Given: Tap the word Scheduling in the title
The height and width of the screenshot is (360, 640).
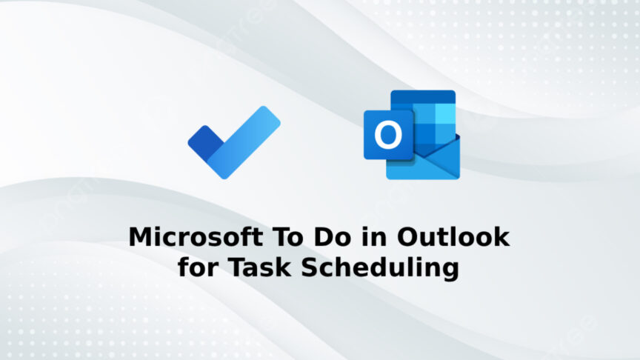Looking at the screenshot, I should [x=380, y=267].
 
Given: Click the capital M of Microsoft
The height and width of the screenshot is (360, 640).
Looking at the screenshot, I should [x=140, y=238].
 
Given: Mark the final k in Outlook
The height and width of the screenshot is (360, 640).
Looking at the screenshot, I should [x=501, y=238].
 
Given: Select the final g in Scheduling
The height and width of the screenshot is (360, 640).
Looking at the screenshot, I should [x=449, y=270].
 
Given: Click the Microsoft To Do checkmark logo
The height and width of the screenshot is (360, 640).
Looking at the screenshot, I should [x=233, y=142].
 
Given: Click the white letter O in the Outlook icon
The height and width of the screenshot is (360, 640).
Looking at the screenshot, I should [x=387, y=135].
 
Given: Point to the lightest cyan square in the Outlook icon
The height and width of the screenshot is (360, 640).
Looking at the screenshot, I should [x=444, y=113].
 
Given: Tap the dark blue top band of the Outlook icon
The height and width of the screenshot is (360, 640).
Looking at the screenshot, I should [x=422, y=97].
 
